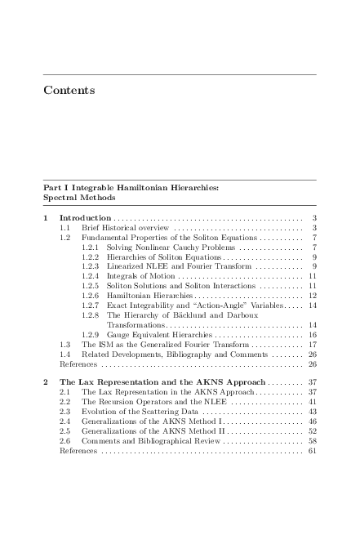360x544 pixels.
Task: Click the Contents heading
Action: pyautogui.click(x=69, y=89)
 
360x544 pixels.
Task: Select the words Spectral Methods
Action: pyautogui.click(x=79, y=198)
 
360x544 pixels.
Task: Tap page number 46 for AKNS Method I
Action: pyautogui.click(x=312, y=422)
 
